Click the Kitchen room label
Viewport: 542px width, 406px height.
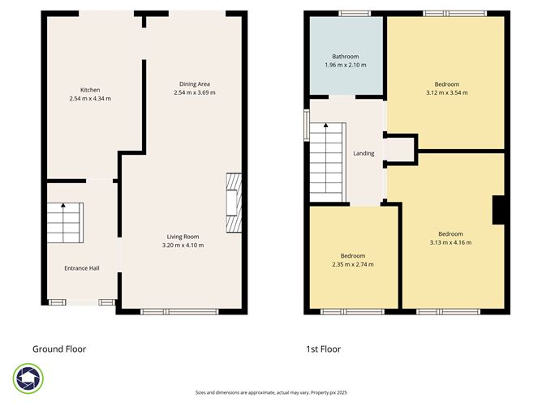(90, 89)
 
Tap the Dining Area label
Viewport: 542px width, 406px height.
(194, 83)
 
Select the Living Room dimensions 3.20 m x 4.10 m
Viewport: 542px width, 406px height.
(183, 245)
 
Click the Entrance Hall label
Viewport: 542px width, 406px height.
(82, 268)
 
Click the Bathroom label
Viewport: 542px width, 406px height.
(344, 56)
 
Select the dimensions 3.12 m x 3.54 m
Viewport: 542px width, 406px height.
(446, 93)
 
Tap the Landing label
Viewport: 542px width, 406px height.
(363, 153)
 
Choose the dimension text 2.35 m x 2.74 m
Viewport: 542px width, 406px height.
(353, 264)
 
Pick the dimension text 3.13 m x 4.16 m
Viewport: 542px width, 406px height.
(450, 242)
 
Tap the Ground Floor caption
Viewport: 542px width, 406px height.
(59, 349)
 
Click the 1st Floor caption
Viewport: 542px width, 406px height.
(323, 349)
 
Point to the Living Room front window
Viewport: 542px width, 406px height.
(179, 311)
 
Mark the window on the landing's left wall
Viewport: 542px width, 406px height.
(306, 125)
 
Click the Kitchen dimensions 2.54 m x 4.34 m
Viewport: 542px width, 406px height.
(90, 99)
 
